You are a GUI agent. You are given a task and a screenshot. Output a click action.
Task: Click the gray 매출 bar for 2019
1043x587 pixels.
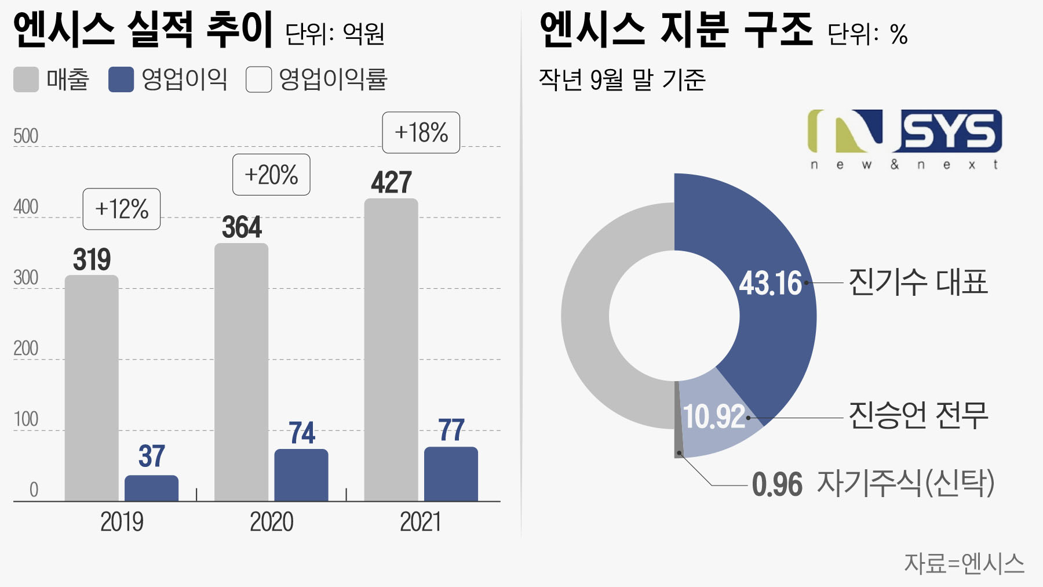pos(92,389)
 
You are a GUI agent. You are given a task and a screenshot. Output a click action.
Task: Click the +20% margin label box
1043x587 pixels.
pos(271,175)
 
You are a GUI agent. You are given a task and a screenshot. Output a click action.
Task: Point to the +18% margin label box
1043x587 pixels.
pos(421,133)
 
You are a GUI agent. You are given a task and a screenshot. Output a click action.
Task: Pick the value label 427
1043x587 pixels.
pos(391,183)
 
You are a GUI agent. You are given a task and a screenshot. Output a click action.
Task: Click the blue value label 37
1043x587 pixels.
pos(152,456)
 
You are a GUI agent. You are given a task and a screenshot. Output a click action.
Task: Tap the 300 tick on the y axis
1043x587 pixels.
pos(26,278)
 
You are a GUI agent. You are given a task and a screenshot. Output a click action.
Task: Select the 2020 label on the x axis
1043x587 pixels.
pos(271,521)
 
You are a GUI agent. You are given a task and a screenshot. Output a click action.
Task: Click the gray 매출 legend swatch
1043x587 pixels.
pos(26,79)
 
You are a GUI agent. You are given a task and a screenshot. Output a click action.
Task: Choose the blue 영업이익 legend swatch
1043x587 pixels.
pos(121,79)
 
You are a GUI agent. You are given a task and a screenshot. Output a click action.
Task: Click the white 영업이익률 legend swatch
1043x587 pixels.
pos(258,79)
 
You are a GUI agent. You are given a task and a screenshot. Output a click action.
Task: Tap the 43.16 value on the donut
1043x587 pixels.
pos(770,283)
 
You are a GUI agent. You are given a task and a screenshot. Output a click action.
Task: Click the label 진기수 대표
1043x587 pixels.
pos(918,282)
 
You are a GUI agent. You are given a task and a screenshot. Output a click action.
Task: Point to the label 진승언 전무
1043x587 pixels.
pos(918,415)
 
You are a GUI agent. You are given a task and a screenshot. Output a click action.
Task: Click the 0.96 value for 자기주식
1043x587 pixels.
pos(777,484)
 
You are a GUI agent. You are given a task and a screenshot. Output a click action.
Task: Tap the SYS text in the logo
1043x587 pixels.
pos(951,131)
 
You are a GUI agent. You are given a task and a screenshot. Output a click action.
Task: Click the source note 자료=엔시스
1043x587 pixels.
pos(964,563)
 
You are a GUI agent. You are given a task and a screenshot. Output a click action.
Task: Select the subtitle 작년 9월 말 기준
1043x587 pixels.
pos(622,79)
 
